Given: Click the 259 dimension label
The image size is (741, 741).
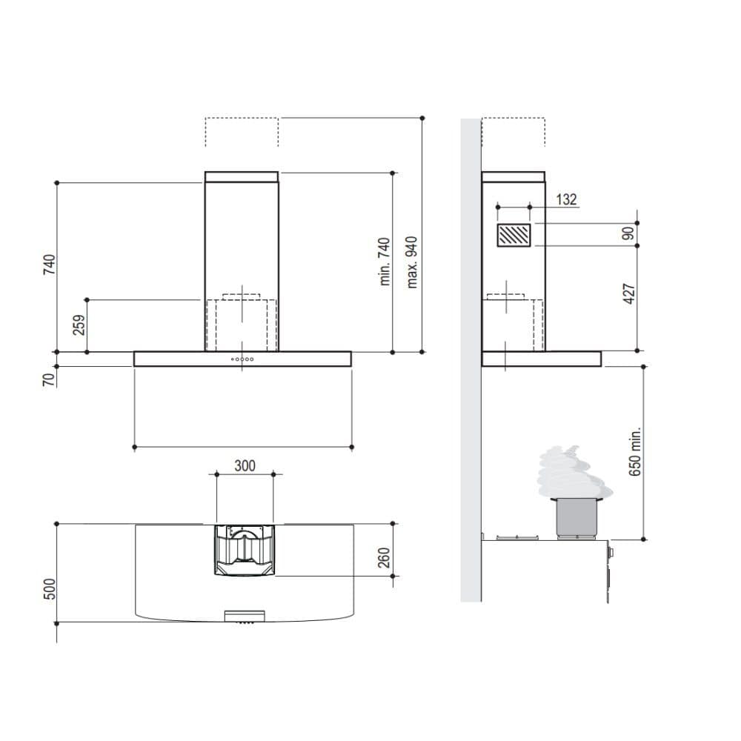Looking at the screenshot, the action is click(79, 325).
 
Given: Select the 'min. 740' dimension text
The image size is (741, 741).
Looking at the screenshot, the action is click(385, 262).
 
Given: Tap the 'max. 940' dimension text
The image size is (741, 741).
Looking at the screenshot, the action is click(412, 262).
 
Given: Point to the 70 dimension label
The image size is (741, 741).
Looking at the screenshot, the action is click(49, 379).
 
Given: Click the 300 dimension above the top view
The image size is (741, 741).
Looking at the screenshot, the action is click(245, 466).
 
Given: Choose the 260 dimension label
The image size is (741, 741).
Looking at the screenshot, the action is click(384, 558).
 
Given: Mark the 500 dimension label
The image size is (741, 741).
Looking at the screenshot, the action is click(49, 589).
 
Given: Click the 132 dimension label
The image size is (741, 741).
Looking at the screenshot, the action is click(567, 199).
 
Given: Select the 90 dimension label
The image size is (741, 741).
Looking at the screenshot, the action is click(628, 233).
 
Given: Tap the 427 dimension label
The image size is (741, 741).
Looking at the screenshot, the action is click(629, 294).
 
